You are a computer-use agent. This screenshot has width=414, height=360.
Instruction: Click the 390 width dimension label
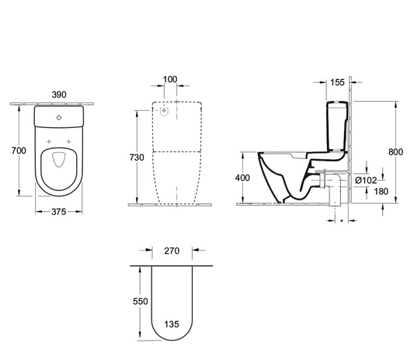pyautogui.click(x=59, y=94)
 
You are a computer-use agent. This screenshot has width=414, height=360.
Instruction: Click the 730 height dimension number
pyautogui.click(x=137, y=157)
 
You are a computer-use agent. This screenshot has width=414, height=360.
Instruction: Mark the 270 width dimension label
pyautogui.click(x=172, y=251)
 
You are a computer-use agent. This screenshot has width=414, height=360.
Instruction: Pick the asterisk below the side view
pyautogui.click(x=343, y=220)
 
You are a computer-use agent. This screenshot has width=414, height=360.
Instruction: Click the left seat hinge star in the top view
pyautogui.click(x=49, y=140)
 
